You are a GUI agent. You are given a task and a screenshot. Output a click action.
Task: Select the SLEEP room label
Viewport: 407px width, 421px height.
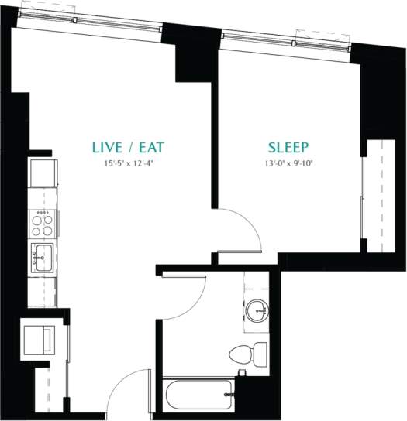288,147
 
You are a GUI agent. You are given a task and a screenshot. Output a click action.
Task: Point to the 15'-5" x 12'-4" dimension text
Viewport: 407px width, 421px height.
129,163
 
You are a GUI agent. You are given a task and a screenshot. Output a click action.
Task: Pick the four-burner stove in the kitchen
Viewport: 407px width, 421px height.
42,225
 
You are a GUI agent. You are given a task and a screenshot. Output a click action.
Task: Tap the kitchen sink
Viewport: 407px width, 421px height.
42,255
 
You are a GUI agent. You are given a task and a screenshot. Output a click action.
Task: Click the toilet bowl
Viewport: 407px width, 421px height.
241,355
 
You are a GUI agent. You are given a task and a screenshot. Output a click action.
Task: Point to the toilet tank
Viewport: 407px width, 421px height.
259,355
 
